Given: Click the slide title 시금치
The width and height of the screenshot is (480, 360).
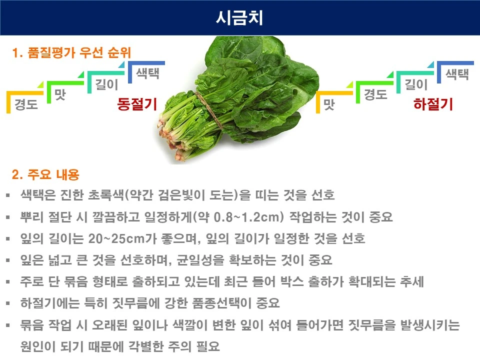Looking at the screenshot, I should tap(239, 17).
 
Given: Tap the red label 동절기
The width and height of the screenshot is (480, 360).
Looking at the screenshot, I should tap(136, 104).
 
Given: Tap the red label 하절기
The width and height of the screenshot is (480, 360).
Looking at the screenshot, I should tap(433, 104).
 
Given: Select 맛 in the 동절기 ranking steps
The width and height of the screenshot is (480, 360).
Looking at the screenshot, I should tap(60, 94).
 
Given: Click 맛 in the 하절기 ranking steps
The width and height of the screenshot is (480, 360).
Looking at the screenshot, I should tap(328, 105).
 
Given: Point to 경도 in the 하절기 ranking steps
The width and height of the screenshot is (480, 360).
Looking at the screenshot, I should tap(375, 94).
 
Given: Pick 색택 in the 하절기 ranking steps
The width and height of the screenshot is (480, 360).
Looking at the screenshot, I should tap(457, 74).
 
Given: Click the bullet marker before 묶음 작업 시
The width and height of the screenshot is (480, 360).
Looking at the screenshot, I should tap(7, 325).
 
